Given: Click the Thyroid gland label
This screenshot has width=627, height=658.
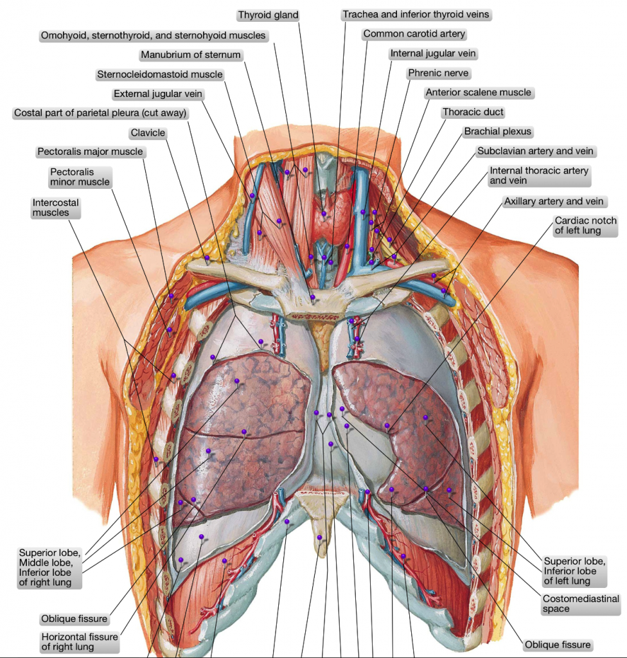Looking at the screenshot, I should click(268, 15).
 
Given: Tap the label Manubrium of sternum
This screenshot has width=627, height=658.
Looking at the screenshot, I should click(191, 55).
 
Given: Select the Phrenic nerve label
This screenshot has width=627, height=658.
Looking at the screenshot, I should click(439, 73).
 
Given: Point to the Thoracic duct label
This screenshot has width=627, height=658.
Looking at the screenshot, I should click(473, 112).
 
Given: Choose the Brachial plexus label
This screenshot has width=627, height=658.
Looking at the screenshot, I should click(498, 132).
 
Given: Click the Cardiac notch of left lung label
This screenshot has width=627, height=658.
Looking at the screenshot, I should click(585, 226).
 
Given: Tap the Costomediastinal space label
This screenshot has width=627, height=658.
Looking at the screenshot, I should click(580, 603).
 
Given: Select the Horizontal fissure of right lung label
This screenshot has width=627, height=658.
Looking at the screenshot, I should click(80, 641).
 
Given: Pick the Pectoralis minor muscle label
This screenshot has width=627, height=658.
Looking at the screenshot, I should click(80, 177).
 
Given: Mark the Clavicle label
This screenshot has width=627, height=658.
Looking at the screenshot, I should click(148, 133).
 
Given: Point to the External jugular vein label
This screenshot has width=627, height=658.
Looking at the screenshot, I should click(158, 94).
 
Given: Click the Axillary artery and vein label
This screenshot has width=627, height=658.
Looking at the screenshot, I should click(554, 202).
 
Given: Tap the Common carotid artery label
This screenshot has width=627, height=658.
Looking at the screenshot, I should click(414, 33).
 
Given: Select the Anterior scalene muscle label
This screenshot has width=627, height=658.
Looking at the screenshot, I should click(479, 93).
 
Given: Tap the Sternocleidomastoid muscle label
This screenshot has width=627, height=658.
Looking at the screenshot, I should click(160, 75).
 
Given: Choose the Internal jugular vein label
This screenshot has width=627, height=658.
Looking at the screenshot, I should click(433, 53).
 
